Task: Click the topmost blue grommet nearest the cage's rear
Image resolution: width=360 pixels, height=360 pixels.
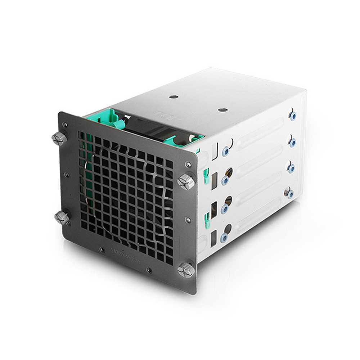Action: [x=293, y=116]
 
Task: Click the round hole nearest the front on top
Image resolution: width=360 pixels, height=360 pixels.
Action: [x=174, y=97]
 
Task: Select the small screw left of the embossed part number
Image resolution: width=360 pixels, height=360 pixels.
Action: [x=103, y=249]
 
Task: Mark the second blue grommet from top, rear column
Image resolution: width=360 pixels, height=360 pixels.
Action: [x=292, y=143]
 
